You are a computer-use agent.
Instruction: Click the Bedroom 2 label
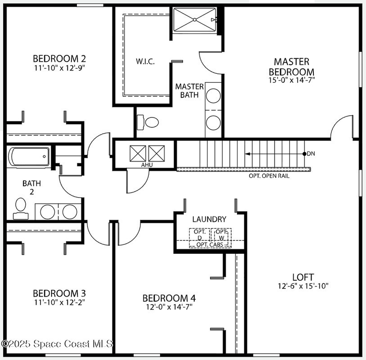click(59, 58)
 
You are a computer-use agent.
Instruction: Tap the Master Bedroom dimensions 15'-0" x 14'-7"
click(292, 80)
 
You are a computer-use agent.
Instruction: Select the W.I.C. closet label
click(145, 62)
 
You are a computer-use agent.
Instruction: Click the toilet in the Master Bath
click(147, 122)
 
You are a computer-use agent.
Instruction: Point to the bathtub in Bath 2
click(29, 157)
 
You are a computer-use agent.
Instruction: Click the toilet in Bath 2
click(21, 209)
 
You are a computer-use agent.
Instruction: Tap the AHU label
click(147, 165)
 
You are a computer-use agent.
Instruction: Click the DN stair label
click(311, 154)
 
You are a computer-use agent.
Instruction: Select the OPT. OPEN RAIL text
click(269, 176)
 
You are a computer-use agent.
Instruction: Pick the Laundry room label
click(210, 219)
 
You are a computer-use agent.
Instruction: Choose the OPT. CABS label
click(210, 245)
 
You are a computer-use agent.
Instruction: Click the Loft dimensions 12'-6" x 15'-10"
click(303, 286)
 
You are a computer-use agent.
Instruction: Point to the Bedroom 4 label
click(169, 298)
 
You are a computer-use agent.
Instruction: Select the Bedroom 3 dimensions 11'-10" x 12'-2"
click(59, 302)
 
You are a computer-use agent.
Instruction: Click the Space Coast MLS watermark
click(57, 344)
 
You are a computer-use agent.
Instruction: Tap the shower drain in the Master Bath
click(195, 20)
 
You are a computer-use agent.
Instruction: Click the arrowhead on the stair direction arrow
click(247, 154)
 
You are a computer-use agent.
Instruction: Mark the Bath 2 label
click(32, 188)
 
